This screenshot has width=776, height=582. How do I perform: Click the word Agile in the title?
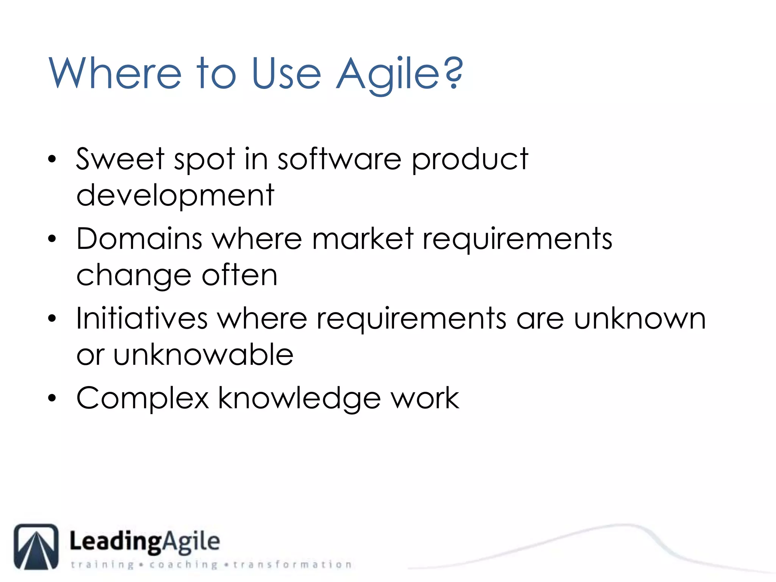388,74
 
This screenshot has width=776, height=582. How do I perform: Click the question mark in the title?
453,72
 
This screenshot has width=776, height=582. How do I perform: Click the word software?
339,159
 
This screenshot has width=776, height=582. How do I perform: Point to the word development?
175,196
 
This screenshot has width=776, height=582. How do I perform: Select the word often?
239,275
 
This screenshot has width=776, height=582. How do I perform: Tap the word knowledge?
299,399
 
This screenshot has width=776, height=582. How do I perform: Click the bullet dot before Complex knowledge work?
52,398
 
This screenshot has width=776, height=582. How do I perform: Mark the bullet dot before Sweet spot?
52,159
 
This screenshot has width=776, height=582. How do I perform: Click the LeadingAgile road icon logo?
36,547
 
